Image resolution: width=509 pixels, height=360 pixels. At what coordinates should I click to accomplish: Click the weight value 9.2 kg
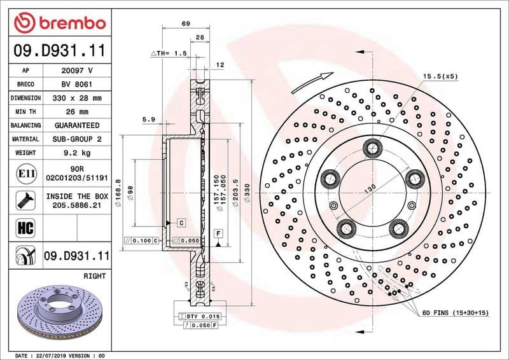[77, 153]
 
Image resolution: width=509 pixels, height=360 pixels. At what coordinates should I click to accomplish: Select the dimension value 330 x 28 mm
[77, 98]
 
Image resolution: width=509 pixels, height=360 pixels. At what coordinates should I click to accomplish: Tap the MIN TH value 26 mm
[77, 112]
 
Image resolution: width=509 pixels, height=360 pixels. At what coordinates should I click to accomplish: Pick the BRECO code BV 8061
[77, 84]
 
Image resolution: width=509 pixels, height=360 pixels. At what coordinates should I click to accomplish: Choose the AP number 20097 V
[77, 71]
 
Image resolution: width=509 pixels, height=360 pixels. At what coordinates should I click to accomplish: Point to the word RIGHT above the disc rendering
[94, 277]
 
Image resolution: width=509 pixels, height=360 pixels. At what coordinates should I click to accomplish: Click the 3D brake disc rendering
[60, 312]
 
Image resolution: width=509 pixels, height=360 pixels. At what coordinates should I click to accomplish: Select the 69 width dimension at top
[186, 24]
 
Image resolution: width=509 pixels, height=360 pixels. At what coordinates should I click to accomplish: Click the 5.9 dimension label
[149, 119]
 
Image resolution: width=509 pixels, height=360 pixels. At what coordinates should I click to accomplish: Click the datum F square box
[218, 233]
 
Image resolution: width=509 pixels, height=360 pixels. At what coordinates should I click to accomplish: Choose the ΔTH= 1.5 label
[168, 53]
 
